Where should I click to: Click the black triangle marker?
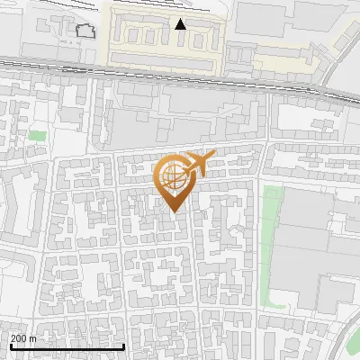[x=181, y=23]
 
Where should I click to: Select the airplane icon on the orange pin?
[x=199, y=163]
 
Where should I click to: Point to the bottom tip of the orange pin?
[x=173, y=211]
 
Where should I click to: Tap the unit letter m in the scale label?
[x=32, y=338]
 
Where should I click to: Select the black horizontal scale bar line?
[x=67, y=346]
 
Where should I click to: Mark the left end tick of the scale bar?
[x=10, y=346]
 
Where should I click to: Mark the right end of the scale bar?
[x=123, y=346]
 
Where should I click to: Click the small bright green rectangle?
[x=37, y=135]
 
